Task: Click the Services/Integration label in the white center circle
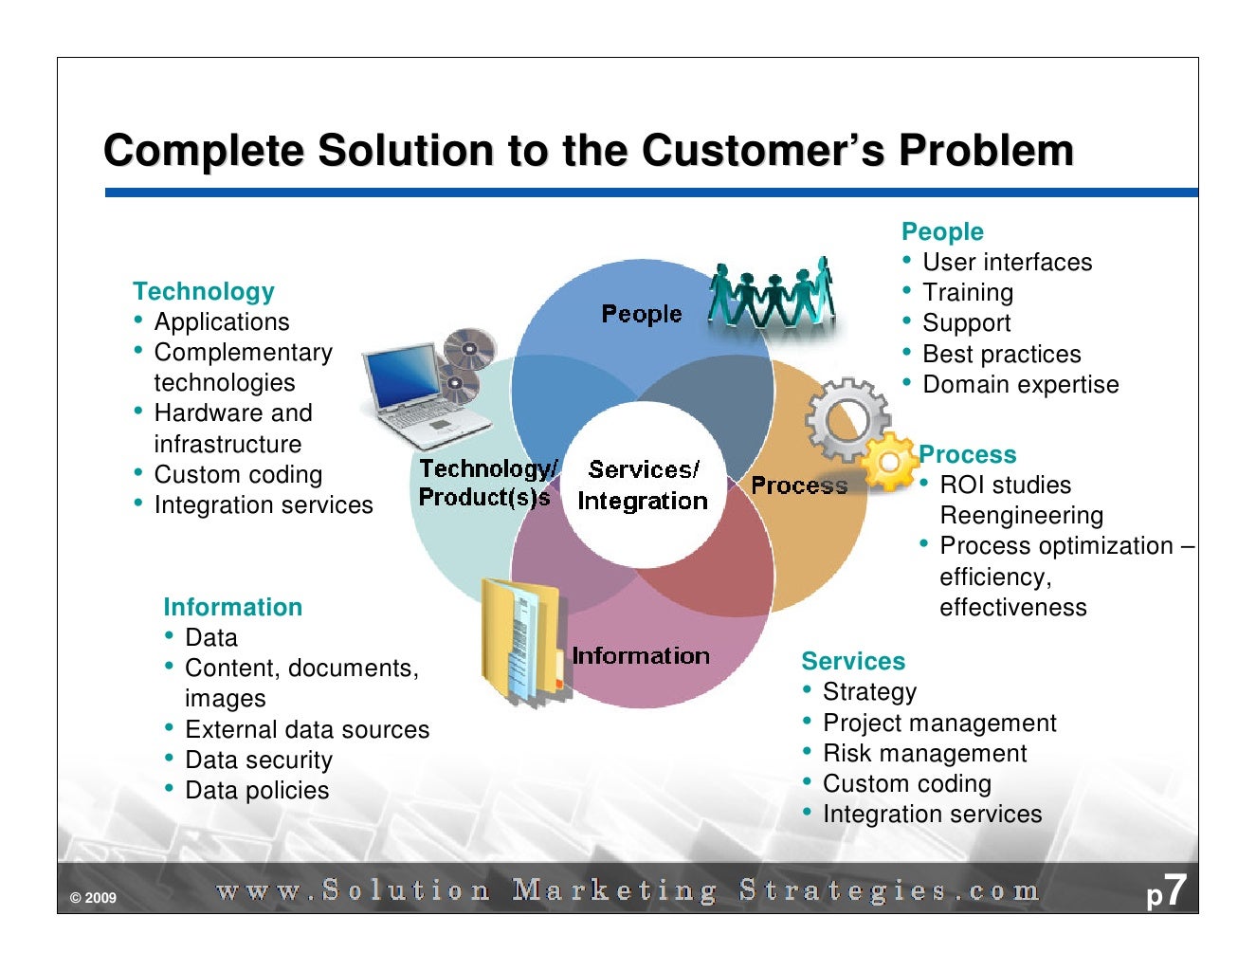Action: (643, 485)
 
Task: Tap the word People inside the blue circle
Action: (642, 314)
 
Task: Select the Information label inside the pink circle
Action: (641, 655)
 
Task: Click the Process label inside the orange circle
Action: (799, 485)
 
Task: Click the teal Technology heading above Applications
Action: (204, 291)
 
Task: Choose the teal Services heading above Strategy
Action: (853, 661)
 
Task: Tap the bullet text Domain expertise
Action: (1020, 384)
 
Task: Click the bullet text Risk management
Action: (924, 753)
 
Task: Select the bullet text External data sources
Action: (307, 729)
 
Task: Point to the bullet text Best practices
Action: (1001, 354)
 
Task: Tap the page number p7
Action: (1166, 892)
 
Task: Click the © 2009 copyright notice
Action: (93, 898)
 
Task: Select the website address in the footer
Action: (628, 891)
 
